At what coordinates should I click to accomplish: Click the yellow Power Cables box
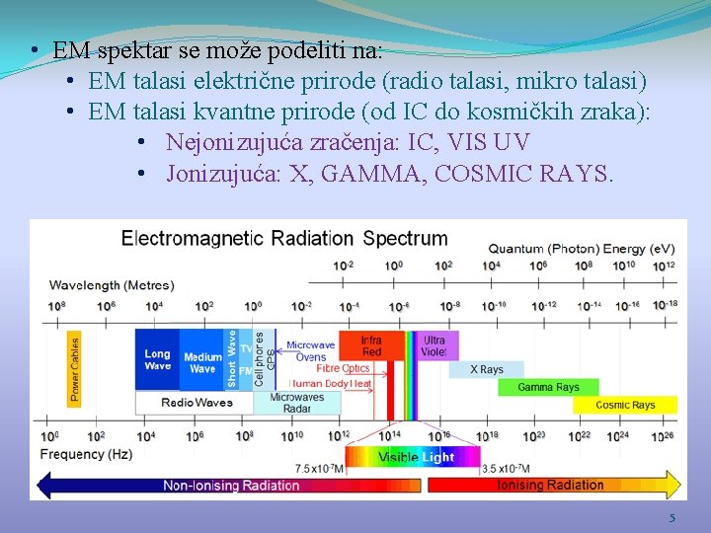click(x=74, y=369)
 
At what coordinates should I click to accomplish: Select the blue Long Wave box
click(x=157, y=359)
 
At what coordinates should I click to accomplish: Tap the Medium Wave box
click(x=202, y=362)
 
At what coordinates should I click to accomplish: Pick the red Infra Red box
click(x=371, y=346)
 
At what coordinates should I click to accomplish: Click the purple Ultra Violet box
click(x=434, y=346)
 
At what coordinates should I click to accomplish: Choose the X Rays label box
click(x=486, y=370)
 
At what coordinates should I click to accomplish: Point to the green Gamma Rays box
click(x=548, y=387)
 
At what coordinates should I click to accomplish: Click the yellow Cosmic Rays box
click(x=625, y=405)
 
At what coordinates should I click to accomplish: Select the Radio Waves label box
click(x=197, y=403)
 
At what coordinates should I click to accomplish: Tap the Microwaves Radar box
click(x=296, y=403)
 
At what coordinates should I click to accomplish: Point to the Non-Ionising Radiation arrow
click(x=227, y=485)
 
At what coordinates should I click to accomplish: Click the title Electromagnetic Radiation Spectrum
click(x=284, y=239)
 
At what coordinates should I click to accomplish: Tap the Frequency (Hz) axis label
click(x=86, y=455)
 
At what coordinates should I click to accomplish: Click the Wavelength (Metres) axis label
click(x=112, y=285)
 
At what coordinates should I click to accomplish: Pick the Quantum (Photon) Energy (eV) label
click(x=582, y=248)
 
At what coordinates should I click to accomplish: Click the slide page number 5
click(x=672, y=518)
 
